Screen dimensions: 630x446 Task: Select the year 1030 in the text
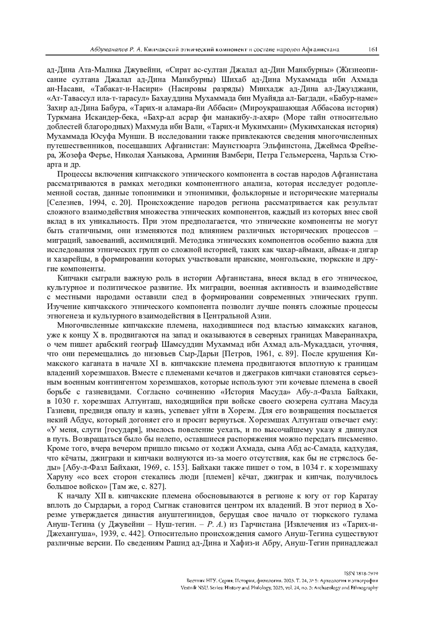(x=63, y=401)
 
